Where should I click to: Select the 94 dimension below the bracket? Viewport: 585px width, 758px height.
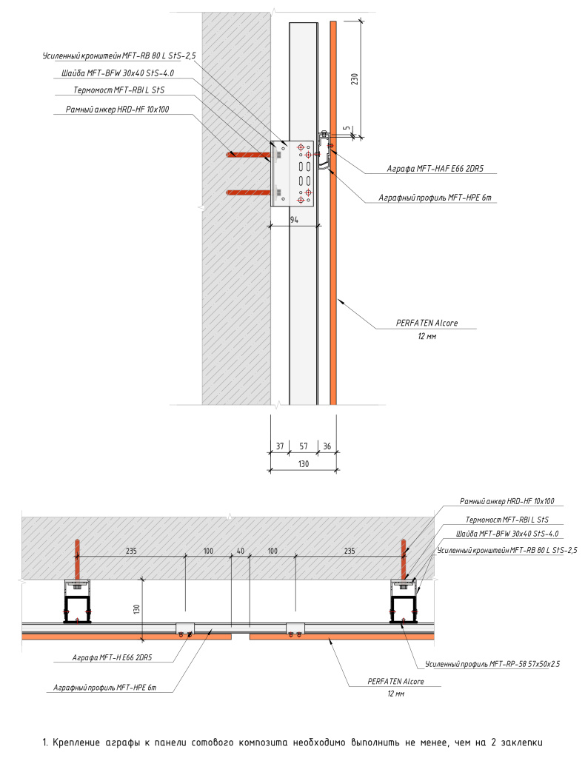(x=293, y=220)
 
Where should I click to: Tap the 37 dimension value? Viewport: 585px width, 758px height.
(x=279, y=446)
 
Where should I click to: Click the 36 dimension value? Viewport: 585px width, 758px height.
(x=327, y=446)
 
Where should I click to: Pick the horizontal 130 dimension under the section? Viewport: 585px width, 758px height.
(x=303, y=463)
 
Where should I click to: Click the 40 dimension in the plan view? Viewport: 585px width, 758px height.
(x=240, y=551)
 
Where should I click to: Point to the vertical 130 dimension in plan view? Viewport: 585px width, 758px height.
(x=136, y=608)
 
